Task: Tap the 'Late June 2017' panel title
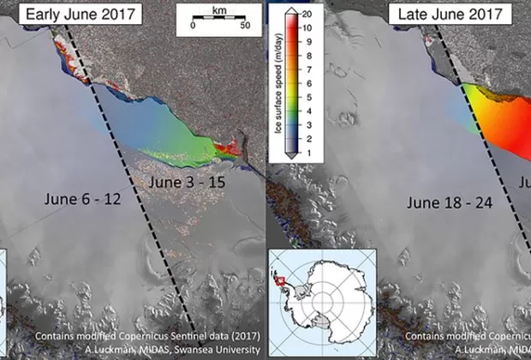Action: point(449,14)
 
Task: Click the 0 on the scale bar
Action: point(194,25)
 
